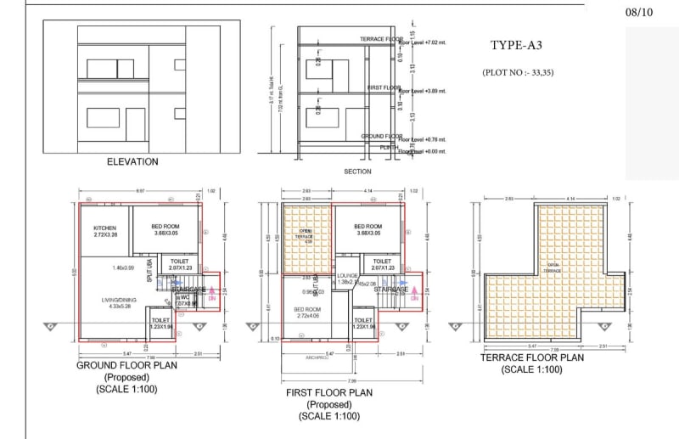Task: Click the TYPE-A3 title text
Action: click(516, 46)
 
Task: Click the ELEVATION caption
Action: click(132, 161)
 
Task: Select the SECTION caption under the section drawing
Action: click(357, 171)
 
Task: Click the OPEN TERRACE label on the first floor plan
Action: click(306, 234)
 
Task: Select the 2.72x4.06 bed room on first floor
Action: click(306, 312)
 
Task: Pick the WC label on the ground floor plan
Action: click(186, 298)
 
